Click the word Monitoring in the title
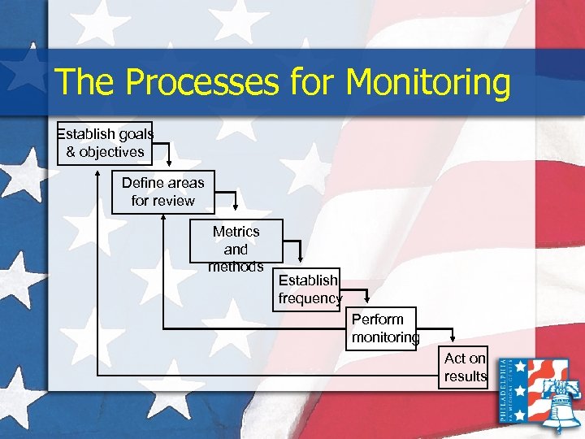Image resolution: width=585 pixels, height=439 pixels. [427, 84]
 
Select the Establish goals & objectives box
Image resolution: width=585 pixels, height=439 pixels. [105, 143]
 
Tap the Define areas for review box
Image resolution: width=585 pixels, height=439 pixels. [162, 192]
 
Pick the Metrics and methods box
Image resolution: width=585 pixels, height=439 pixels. [236, 241]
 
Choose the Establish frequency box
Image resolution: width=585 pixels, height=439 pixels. [309, 289]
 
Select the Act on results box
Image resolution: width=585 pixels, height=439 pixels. [466, 367]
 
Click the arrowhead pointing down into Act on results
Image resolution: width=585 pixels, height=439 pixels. [455, 339]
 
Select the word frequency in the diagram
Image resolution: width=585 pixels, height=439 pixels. [310, 298]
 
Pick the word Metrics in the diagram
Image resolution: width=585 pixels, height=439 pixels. [236, 232]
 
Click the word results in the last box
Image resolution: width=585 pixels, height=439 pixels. [466, 376]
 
